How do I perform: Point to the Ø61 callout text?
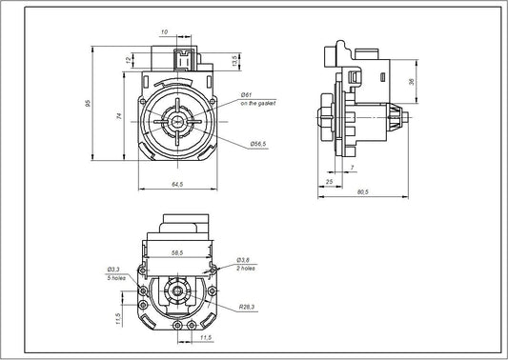(x=246, y=95)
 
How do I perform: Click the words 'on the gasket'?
(x=257, y=103)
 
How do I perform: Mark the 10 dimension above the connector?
(x=164, y=31)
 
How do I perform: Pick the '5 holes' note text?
(x=116, y=278)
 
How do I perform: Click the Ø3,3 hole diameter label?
(x=113, y=270)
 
